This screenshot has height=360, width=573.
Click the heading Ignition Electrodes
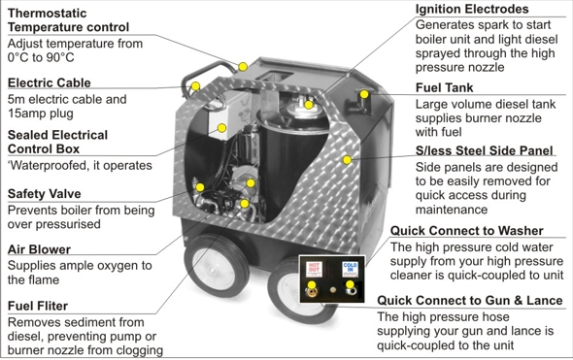click(472, 9)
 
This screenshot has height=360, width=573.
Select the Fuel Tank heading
click(445, 87)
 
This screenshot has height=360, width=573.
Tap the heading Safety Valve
click(45, 193)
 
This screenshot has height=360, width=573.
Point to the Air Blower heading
click(39, 249)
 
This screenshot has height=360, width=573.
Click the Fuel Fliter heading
click(38, 306)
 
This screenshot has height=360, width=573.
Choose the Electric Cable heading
click(49, 82)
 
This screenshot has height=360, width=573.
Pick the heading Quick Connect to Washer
click(467, 231)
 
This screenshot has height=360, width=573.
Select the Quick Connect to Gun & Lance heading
click(470, 301)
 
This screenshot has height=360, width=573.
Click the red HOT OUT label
click(314, 269)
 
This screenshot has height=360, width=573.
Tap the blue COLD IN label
click(350, 269)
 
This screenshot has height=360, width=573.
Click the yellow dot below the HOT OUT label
click(312, 284)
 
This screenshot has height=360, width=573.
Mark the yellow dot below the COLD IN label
click(350, 284)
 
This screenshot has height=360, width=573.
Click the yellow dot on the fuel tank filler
click(364, 94)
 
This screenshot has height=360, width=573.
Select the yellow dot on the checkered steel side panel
click(347, 159)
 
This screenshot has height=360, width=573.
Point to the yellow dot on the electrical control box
click(221, 128)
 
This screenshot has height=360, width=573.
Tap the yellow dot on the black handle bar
click(195, 86)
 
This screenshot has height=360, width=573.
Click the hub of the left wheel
click(213, 270)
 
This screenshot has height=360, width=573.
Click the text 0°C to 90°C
click(41, 57)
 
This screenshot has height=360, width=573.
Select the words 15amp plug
click(41, 114)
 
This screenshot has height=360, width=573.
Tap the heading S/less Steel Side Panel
click(485, 150)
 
